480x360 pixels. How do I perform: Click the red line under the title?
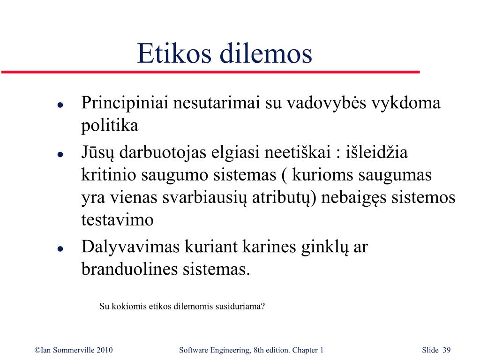210,72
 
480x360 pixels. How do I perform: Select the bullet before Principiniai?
60,105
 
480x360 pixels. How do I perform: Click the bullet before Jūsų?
60,154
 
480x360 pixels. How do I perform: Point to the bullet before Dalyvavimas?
60,248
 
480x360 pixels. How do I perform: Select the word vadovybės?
326,103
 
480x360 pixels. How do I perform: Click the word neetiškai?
298,152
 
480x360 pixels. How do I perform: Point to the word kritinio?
109,175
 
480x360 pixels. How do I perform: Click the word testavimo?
117,220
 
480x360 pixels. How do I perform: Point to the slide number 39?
447,350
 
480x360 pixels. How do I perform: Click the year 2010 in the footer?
105,350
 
